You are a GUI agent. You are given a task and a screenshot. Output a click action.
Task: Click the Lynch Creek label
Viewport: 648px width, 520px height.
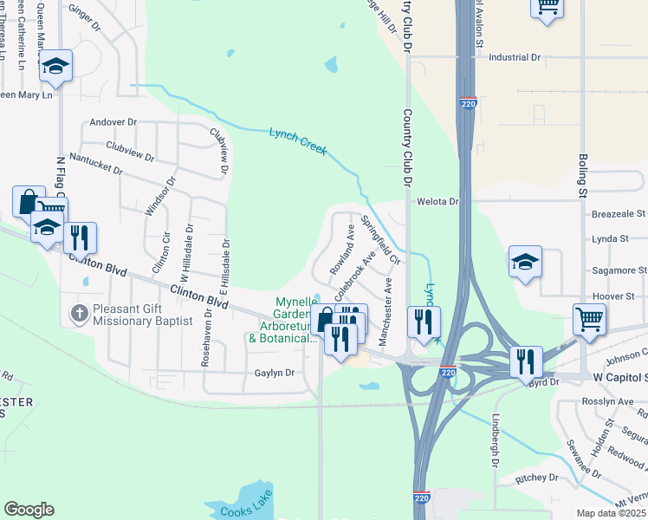click(297, 140)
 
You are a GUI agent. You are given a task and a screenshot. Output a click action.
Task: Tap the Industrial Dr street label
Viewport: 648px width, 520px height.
click(515, 57)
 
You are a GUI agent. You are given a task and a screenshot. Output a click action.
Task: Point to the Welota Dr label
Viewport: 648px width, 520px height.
click(437, 201)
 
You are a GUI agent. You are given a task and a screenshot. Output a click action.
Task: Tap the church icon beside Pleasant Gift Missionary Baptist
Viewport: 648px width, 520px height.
click(79, 312)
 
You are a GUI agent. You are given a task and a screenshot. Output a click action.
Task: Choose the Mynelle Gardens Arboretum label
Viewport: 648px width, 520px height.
click(282, 320)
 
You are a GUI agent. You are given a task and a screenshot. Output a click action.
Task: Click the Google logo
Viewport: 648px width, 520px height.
click(29, 510)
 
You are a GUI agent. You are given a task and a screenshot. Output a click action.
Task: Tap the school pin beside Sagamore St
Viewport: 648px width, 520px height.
click(525, 262)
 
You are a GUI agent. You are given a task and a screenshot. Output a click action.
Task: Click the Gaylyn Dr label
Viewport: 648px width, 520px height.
click(274, 373)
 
